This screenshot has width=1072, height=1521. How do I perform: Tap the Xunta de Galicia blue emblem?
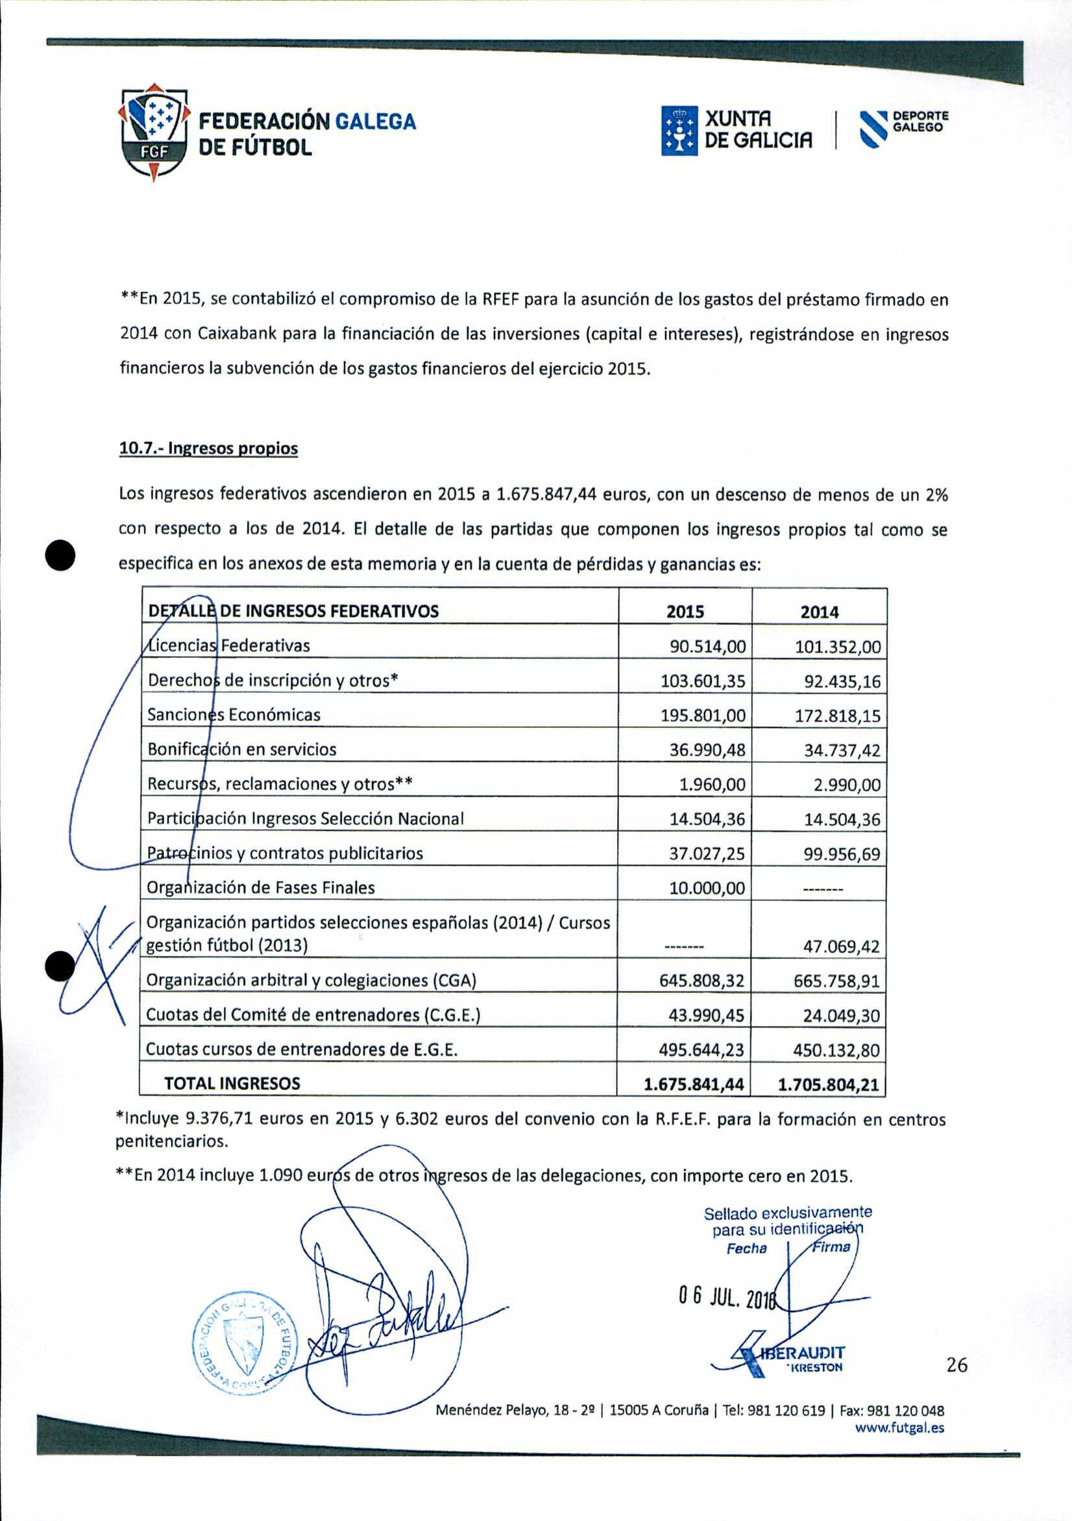679,130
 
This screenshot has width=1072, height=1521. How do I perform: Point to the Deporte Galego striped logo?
874,128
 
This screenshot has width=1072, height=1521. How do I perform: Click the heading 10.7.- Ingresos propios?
208,448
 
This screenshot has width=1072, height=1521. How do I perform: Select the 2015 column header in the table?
685,611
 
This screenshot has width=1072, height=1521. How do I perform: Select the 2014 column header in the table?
819,612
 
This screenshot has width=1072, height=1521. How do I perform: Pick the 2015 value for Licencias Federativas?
707,646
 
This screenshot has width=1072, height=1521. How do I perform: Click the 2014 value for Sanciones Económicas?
838,716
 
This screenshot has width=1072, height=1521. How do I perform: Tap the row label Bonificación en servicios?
242,749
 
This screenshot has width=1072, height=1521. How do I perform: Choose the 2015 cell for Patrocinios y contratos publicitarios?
707,853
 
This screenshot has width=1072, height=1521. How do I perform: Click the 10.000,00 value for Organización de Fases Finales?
707,888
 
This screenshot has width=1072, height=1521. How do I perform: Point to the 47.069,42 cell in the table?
841,946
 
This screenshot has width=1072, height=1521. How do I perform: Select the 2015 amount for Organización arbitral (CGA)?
701,980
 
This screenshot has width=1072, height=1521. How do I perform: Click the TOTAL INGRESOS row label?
232,1083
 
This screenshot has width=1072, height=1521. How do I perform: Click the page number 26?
956,1365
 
